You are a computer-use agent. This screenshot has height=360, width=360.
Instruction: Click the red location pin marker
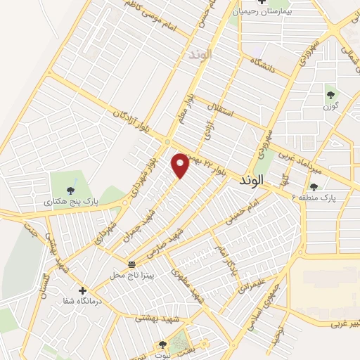181,165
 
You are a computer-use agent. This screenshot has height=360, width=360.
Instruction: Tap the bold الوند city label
250,180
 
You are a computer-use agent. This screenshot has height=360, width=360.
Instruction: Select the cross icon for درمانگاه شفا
83,290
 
